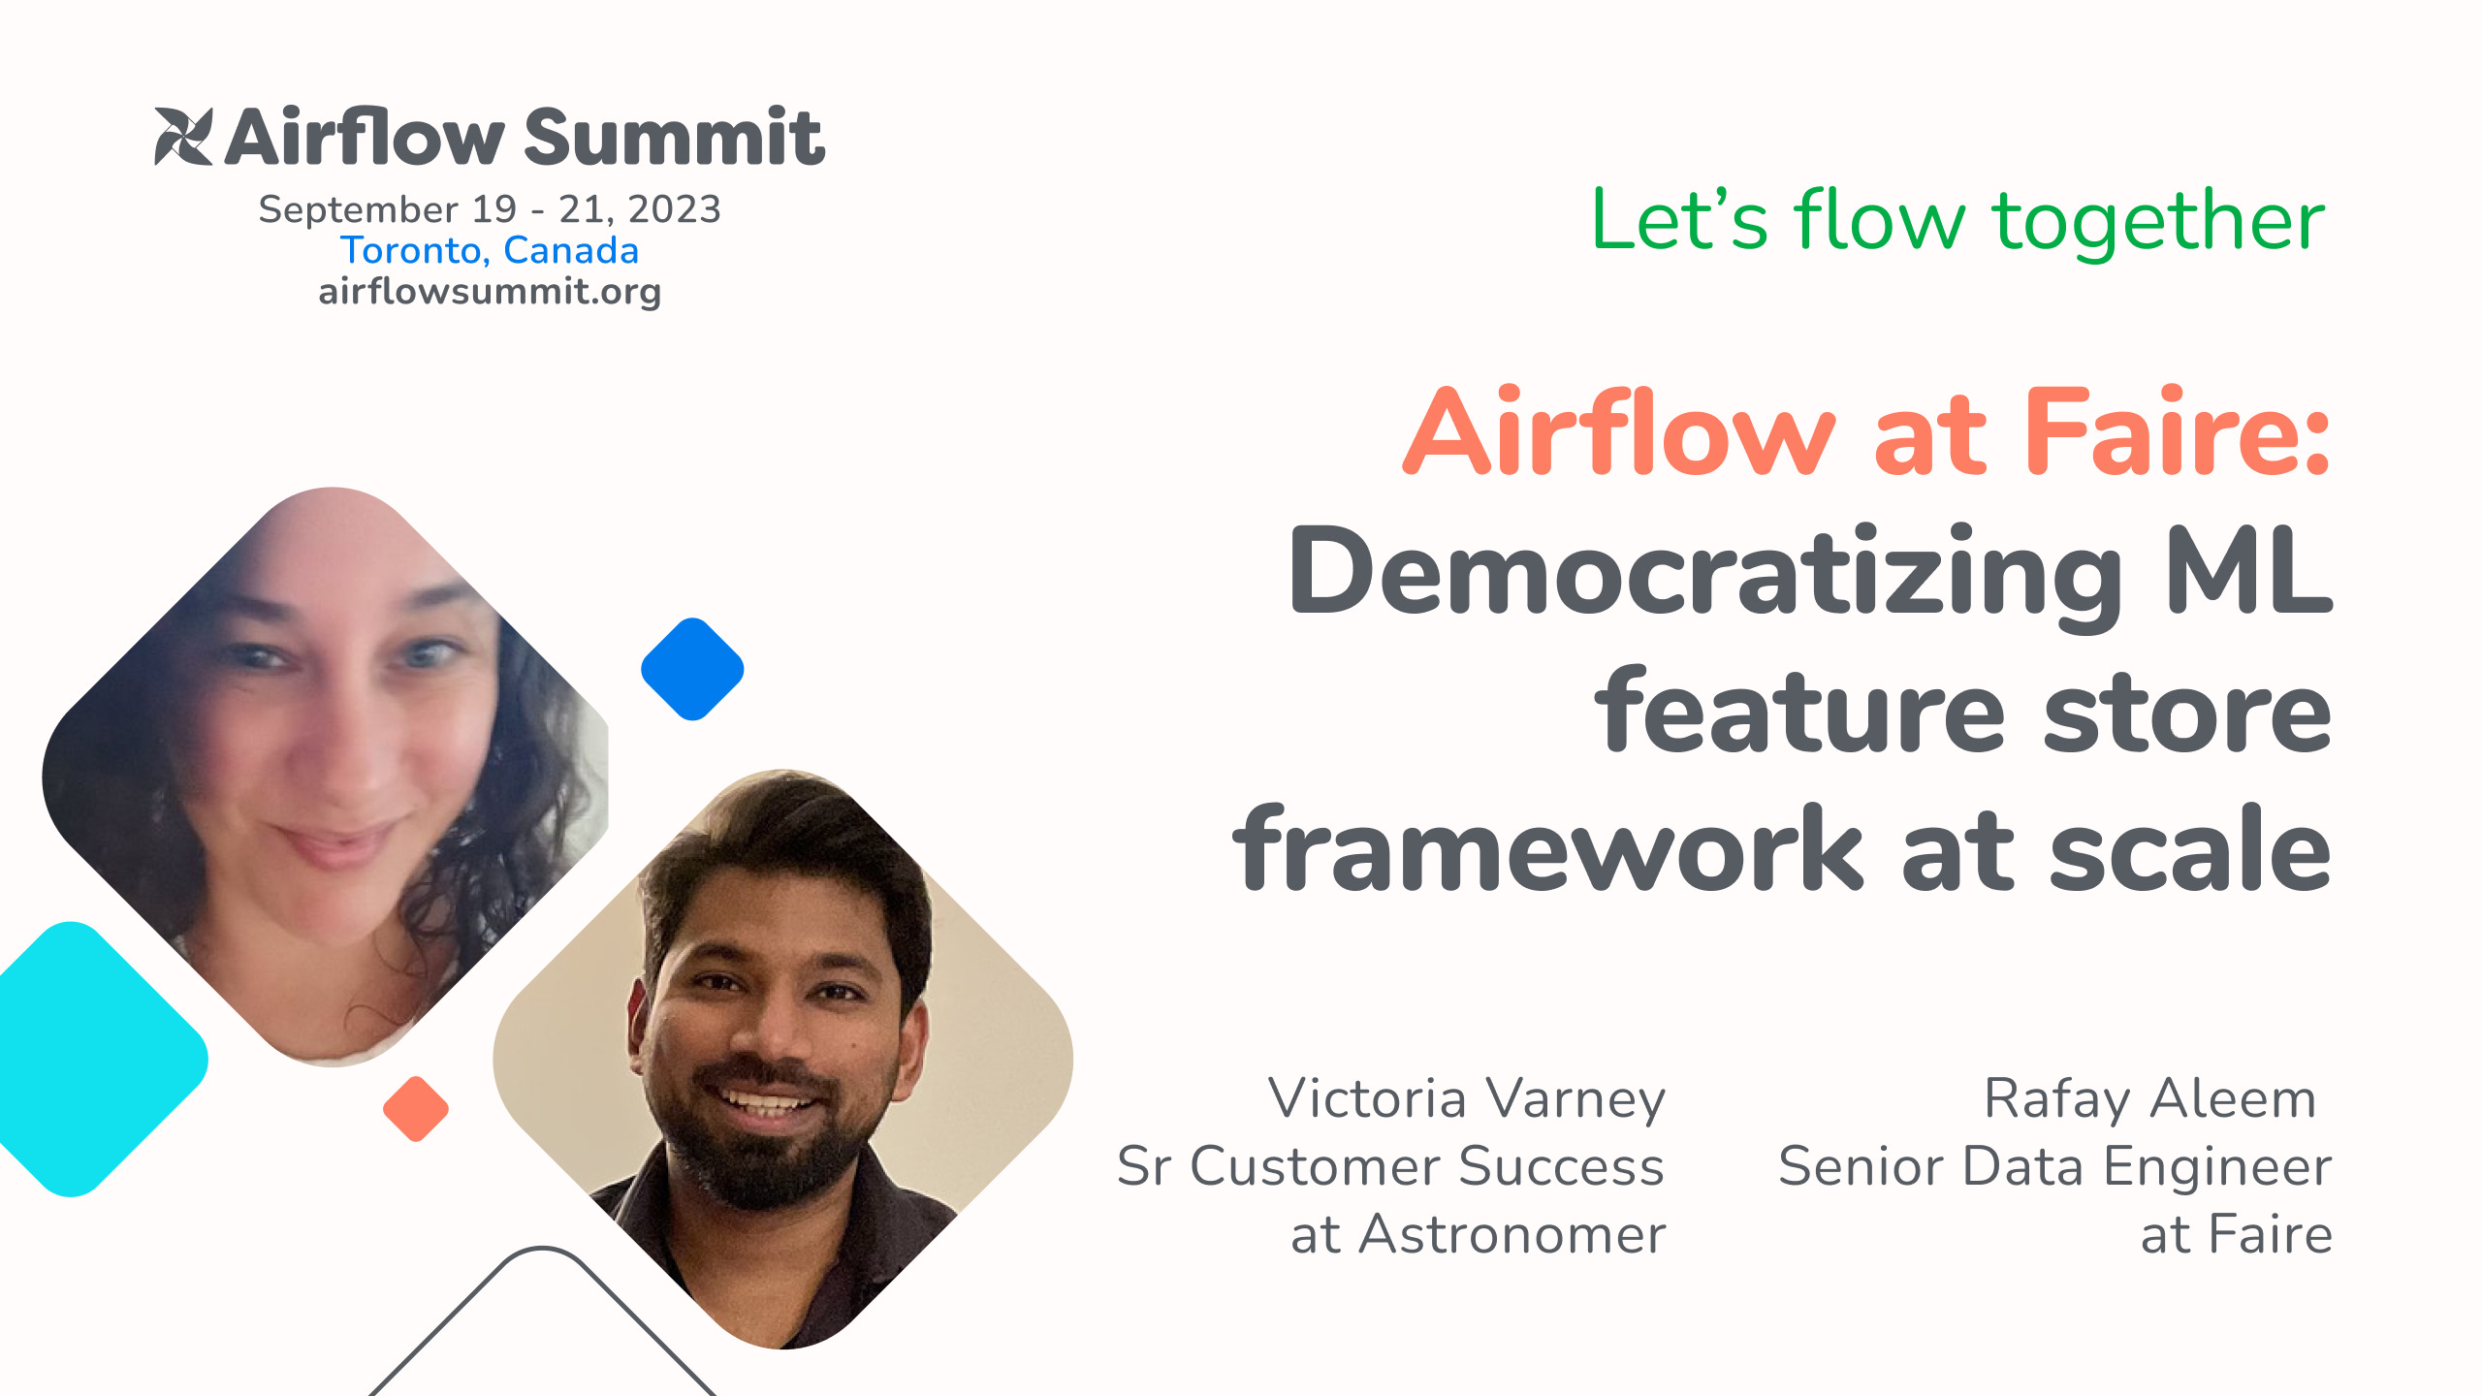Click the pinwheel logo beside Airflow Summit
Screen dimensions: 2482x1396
[x=183, y=136]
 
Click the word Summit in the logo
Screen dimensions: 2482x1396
[x=675, y=137]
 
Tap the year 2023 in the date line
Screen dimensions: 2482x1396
[x=674, y=209]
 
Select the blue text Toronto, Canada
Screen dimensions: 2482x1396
[x=490, y=250]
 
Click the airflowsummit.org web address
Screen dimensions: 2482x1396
[x=490, y=291]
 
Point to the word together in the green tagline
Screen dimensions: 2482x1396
[x=2158, y=224]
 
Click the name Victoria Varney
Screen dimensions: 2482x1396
[x=1467, y=1099]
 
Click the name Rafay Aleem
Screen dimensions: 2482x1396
[x=2150, y=1099]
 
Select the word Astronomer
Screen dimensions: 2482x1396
[x=1512, y=1235]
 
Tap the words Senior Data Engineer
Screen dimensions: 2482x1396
[x=2055, y=1166]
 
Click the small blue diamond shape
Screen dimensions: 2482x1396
[x=692, y=669]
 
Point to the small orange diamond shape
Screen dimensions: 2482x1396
[x=416, y=1108]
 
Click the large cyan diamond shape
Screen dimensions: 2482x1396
[x=87, y=1059]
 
